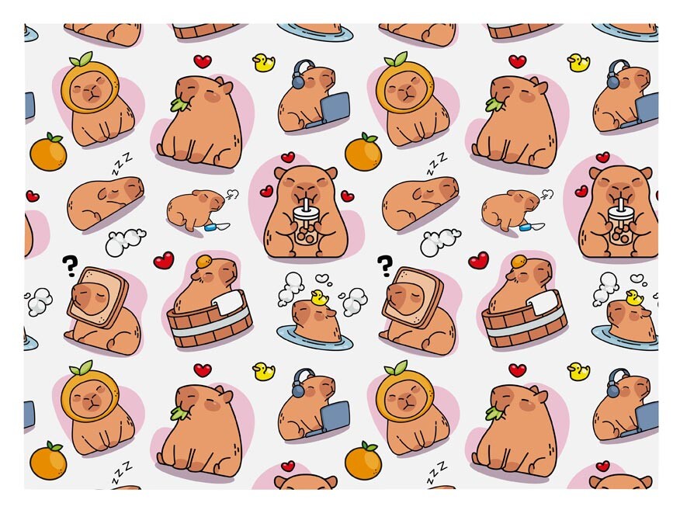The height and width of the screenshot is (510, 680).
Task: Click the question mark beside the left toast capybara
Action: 70,265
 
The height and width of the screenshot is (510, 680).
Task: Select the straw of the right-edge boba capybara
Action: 621,203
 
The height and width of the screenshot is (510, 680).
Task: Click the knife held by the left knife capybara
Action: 217,226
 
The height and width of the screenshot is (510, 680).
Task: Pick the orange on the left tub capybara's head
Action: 203,261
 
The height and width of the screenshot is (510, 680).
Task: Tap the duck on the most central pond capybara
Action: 319,297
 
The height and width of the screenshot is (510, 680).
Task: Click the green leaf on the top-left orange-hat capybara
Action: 82,59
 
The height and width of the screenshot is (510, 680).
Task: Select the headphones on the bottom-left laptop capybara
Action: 301,383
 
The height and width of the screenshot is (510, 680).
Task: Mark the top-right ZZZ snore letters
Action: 437,163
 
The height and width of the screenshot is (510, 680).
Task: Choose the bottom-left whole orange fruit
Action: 48,460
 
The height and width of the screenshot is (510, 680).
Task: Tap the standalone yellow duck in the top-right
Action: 578,62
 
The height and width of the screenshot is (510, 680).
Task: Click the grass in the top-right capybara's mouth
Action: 494,104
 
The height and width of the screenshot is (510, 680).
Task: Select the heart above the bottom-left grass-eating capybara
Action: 202,370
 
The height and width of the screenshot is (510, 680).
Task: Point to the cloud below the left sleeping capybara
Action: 125,242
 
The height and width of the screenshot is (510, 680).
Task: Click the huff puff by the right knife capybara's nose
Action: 546,193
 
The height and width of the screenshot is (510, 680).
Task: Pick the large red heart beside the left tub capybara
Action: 164,260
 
